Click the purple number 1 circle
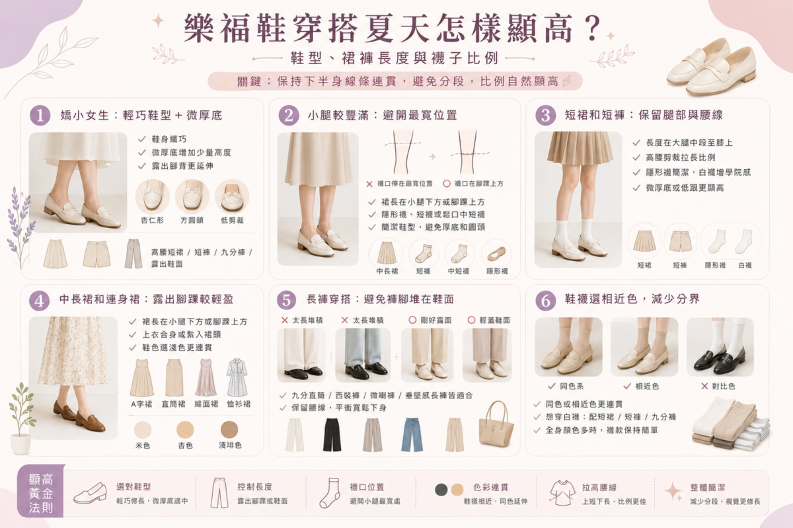pos(40,116)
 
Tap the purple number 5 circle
pos(286,300)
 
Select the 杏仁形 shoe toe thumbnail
pos(153,196)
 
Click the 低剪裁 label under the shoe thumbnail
pos(232,220)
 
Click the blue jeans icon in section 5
pos(412,435)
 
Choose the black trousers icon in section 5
pos(332,435)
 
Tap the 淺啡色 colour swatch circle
pos(229,430)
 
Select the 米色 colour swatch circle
pos(143,430)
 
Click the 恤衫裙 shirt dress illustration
pos(237,377)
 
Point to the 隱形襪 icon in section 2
pos(496,254)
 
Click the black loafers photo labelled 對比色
pos(720,347)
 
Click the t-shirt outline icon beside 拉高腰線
pos(562,492)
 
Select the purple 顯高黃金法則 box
pos(41,491)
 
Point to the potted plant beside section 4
pos(21,418)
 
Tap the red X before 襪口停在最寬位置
pos(369,184)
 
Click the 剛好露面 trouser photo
pos(428,355)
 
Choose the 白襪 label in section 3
pos(745,265)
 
